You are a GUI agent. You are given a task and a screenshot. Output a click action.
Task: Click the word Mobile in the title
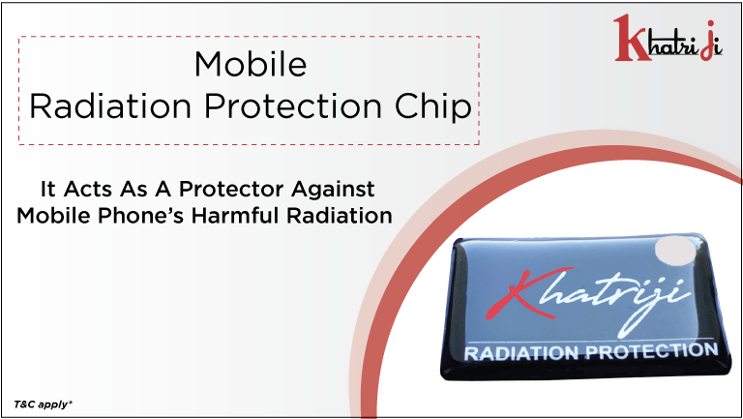coord(251,64)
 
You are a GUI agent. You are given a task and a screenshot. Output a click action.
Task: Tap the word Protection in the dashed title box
coord(293,105)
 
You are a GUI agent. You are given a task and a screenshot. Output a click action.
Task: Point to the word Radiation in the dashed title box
coord(110,105)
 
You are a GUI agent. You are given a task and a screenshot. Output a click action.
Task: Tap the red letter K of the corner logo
coord(630,38)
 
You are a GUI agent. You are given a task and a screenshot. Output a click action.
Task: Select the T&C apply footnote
coord(43,404)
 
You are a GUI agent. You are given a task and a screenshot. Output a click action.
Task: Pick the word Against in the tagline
coord(333,190)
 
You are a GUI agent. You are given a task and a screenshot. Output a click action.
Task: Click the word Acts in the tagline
coord(88,189)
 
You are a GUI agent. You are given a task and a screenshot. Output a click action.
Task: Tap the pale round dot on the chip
coord(674,251)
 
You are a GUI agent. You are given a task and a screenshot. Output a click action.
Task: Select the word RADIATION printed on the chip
coord(521,353)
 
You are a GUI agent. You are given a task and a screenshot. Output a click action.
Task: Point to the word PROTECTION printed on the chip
coord(652,350)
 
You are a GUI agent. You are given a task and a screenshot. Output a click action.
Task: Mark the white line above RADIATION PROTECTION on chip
coord(590,340)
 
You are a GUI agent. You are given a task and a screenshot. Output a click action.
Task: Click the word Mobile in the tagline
coord(53,215)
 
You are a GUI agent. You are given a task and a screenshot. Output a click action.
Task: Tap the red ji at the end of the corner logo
coord(711,41)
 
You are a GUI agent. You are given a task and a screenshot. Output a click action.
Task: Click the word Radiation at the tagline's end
coord(340,215)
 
